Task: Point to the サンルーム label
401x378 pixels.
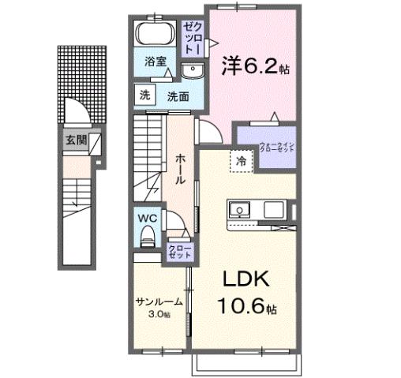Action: tap(159, 301)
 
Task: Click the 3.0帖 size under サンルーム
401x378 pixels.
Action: tap(159, 313)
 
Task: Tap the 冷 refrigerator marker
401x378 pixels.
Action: tap(242, 161)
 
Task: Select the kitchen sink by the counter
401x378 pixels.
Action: tap(240, 211)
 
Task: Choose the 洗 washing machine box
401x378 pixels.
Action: tap(144, 95)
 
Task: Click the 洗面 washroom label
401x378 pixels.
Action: tap(177, 96)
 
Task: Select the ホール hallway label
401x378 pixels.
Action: tap(180, 167)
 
